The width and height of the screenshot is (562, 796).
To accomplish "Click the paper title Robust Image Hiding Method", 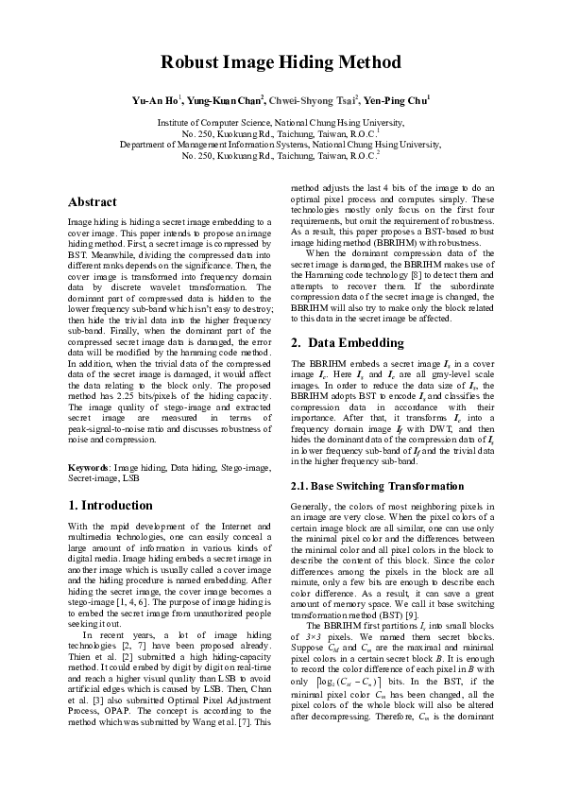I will pyautogui.click(x=281, y=62).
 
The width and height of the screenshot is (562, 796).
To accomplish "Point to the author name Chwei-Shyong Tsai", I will pyautogui.click(x=310, y=99).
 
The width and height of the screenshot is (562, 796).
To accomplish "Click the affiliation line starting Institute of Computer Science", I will pyautogui.click(x=281, y=123).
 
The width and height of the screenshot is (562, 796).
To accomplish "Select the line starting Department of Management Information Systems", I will pyautogui.click(x=281, y=145).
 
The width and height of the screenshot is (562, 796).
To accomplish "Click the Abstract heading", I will pyautogui.click(x=93, y=202).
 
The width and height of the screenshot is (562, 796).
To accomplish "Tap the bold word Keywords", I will pyautogui.click(x=91, y=468).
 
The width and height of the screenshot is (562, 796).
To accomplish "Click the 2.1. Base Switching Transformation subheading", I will pyautogui.click(x=376, y=486).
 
